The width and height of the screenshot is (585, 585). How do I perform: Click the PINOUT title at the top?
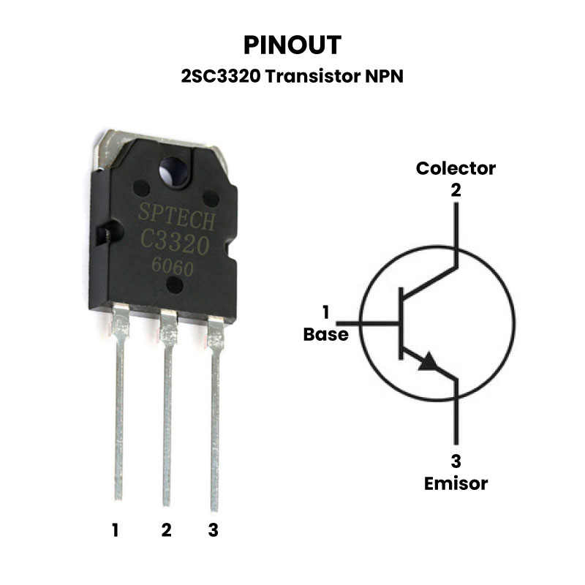pos(292,45)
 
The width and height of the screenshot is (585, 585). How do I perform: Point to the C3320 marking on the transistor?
pos(175,240)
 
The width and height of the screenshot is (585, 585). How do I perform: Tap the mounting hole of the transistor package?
pos(175,170)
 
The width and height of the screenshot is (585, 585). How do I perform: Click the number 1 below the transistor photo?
pos(116,530)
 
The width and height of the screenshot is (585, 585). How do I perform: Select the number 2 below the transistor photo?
pos(166,530)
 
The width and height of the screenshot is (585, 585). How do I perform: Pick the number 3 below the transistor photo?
pos(214,530)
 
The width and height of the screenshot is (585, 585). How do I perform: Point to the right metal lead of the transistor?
pos(215,424)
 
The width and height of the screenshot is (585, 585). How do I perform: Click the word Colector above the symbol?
pos(456,168)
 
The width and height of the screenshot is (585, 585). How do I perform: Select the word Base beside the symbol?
pos(325,335)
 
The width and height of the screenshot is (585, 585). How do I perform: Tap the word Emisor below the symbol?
pos(456,483)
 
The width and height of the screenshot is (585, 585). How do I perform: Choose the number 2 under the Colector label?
pos(456,190)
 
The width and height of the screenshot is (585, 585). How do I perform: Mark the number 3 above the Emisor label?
pos(456,461)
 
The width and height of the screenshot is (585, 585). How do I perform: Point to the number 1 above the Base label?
pos(325,313)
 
